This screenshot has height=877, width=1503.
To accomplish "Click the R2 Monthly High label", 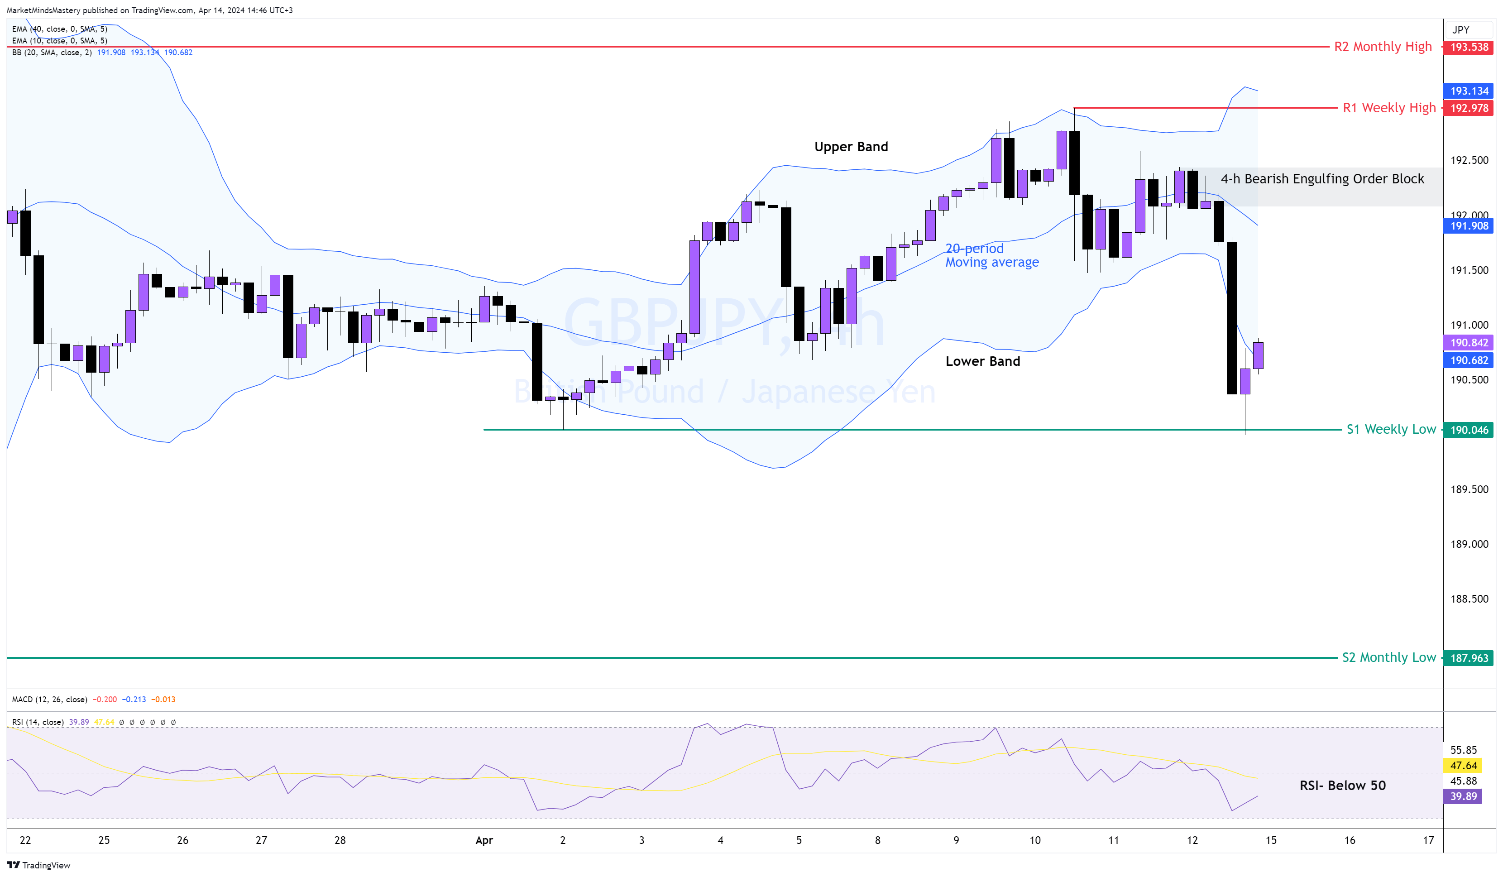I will pos(1383,47).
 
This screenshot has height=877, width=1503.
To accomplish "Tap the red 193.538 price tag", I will pos(1469,47).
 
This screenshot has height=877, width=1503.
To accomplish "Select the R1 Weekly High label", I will pos(1388,108).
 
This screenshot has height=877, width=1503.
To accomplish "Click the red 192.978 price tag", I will pos(1469,108).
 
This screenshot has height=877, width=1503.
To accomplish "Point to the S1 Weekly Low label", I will pos(1391,430).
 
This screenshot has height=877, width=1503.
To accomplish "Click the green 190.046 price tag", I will pos(1469,430).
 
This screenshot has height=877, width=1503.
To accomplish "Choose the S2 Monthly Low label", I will pos(1388,657).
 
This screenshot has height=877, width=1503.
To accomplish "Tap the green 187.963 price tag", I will pos(1469,658).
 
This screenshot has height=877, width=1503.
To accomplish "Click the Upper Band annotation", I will pos(851,147).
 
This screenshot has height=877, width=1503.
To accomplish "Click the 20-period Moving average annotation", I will pos(991,255).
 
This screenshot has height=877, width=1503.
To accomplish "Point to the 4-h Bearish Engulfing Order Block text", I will pos(1321,179).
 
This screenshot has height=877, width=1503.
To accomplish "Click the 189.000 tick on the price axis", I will pos(1469,544).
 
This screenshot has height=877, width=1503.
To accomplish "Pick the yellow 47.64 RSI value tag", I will pos(1463,766).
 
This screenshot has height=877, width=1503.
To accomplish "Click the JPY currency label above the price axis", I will pos(1460,30).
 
